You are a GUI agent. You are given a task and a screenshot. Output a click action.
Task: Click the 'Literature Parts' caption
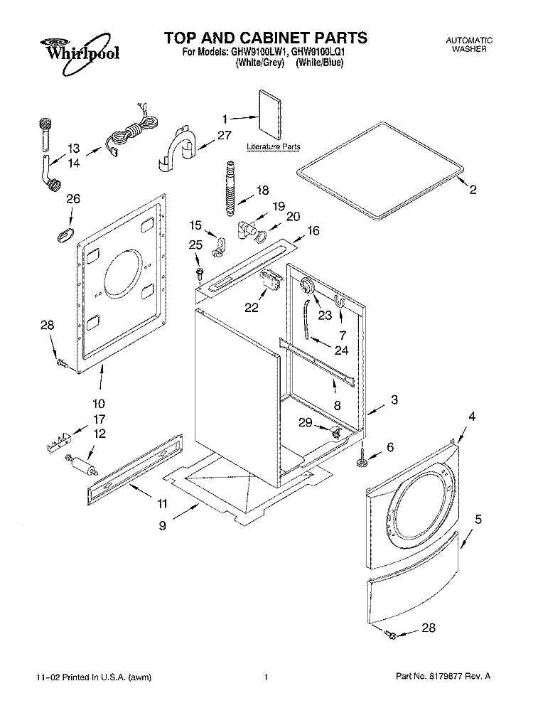tap(274, 147)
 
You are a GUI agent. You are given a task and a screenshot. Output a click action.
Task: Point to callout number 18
tap(262, 190)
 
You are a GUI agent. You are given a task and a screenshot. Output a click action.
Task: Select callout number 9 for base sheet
tap(163, 526)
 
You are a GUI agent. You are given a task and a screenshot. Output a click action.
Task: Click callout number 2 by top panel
tap(473, 189)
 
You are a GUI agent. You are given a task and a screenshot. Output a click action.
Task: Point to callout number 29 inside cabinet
tap(305, 423)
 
